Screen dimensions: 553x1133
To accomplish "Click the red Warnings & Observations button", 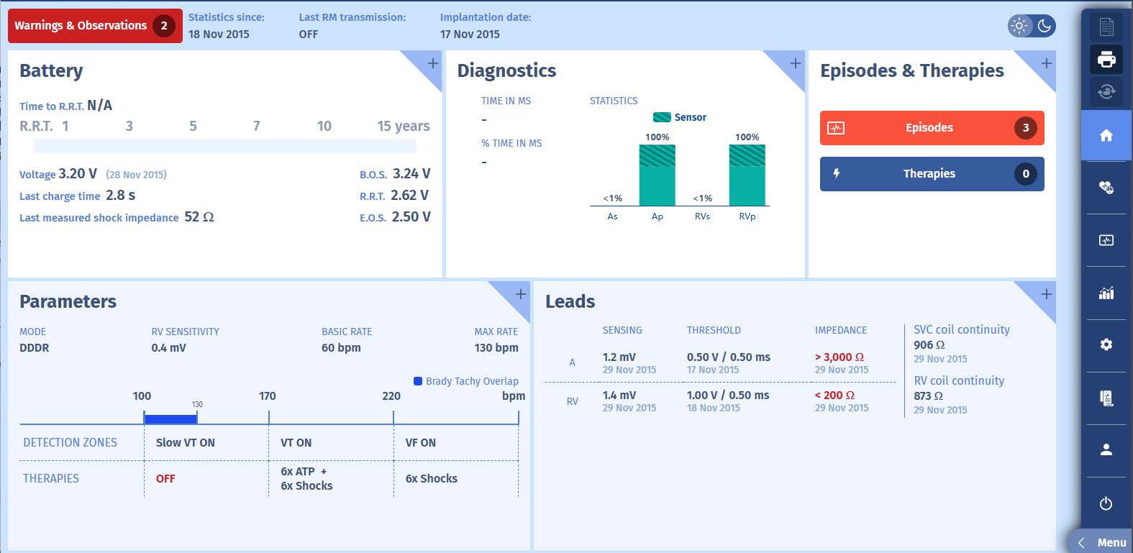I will (94, 26).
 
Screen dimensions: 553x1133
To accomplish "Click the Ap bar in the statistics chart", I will (657, 176).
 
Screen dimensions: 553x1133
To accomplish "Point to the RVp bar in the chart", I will (747, 176).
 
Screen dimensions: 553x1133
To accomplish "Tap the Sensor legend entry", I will (680, 117).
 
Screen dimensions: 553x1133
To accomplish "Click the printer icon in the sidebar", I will (1106, 59).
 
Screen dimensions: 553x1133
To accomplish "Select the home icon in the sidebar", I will (1106, 135).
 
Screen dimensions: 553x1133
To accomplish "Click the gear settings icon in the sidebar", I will (1106, 344).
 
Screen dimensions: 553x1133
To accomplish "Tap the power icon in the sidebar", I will (1106, 503).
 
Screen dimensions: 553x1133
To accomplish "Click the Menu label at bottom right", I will (1111, 543).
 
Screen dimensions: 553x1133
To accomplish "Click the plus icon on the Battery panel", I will (432, 63).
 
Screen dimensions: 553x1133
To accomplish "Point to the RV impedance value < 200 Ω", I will (834, 396).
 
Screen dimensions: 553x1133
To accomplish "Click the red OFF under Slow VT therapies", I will (165, 479).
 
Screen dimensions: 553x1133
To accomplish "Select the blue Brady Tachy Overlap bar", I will (170, 419).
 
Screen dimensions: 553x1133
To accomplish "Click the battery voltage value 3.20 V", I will (78, 174).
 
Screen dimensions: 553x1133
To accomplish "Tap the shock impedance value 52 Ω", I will (199, 217).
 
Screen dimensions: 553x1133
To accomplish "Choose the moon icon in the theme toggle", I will (1045, 26).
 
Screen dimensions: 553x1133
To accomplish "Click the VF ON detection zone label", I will (420, 443).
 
